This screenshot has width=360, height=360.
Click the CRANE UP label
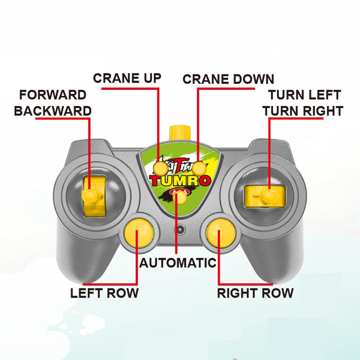(127, 78)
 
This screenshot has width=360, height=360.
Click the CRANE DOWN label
(228, 79)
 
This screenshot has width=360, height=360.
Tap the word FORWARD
(53, 95)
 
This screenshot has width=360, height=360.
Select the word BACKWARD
(53, 111)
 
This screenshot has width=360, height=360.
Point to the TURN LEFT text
(304, 95)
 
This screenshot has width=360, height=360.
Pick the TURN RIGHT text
(302, 111)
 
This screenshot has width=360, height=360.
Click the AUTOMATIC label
(178, 263)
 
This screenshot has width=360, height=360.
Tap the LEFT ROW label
(105, 293)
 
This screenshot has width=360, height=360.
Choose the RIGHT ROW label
(255, 293)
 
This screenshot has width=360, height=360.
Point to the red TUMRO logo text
(180, 181)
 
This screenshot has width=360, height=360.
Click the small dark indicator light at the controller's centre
(180, 230)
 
